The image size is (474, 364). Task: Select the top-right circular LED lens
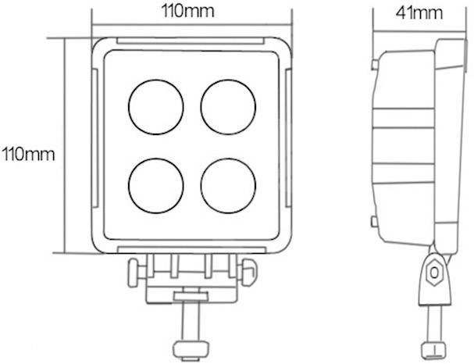click(229, 107)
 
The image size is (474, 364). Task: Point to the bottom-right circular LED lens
click(228, 184)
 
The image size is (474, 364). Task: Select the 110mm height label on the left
click(28, 153)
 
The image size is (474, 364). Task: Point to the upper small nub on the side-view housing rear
click(376, 62)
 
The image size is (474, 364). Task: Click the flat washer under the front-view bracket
click(190, 296)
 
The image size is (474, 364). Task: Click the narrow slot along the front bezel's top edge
click(192, 39)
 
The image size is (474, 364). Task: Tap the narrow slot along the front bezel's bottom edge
click(192, 249)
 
